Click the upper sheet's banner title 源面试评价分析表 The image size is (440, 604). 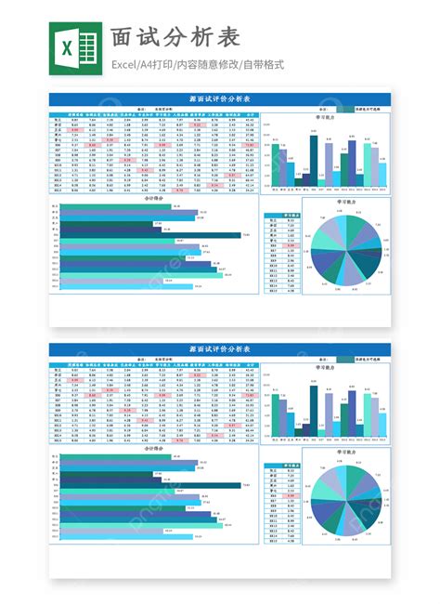pyautogui.click(x=219, y=99)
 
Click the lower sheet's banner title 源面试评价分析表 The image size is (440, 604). pyautogui.click(x=219, y=348)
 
